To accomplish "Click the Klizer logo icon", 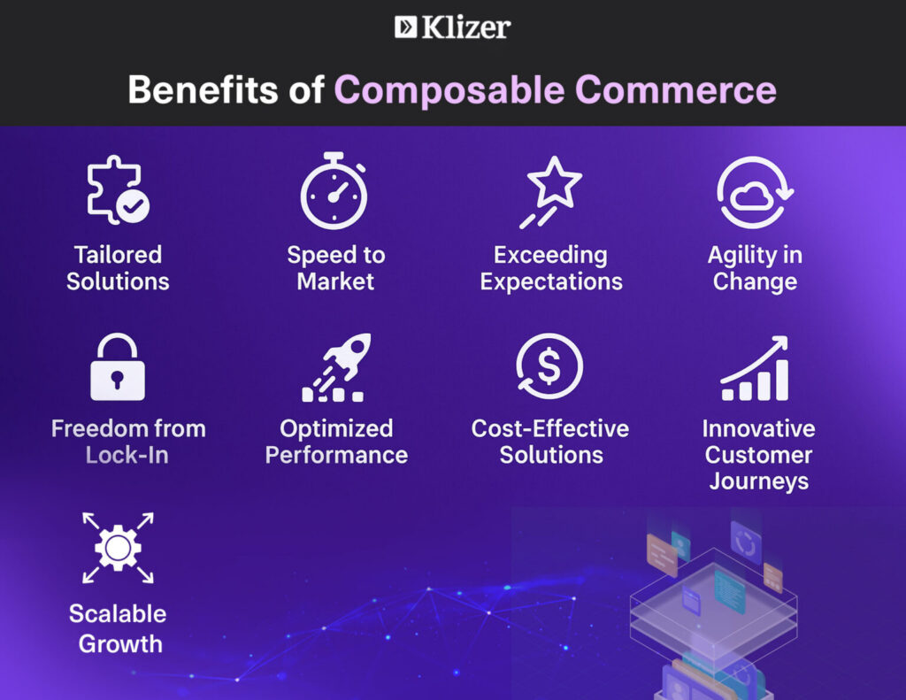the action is pos(405,27).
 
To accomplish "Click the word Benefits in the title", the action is pos(203,89).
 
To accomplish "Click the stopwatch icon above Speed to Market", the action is pos(334,190).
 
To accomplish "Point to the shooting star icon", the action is pos(550,192).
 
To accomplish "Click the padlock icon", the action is pos(118,367).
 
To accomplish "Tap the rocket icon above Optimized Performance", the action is pos(336,367).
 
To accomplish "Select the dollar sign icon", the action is pos(549,366).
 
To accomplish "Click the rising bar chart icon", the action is pos(755,368).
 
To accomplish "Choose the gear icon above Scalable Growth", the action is pos(118,548).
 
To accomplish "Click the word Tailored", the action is pos(118,255).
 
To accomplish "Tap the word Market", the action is pos(335,281).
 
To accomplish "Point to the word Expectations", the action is pos(551,282).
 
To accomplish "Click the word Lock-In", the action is pos(127,456).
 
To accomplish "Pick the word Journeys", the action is pos(758,481).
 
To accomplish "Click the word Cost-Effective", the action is pos(550,428).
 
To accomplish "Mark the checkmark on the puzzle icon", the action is pos(134,206).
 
